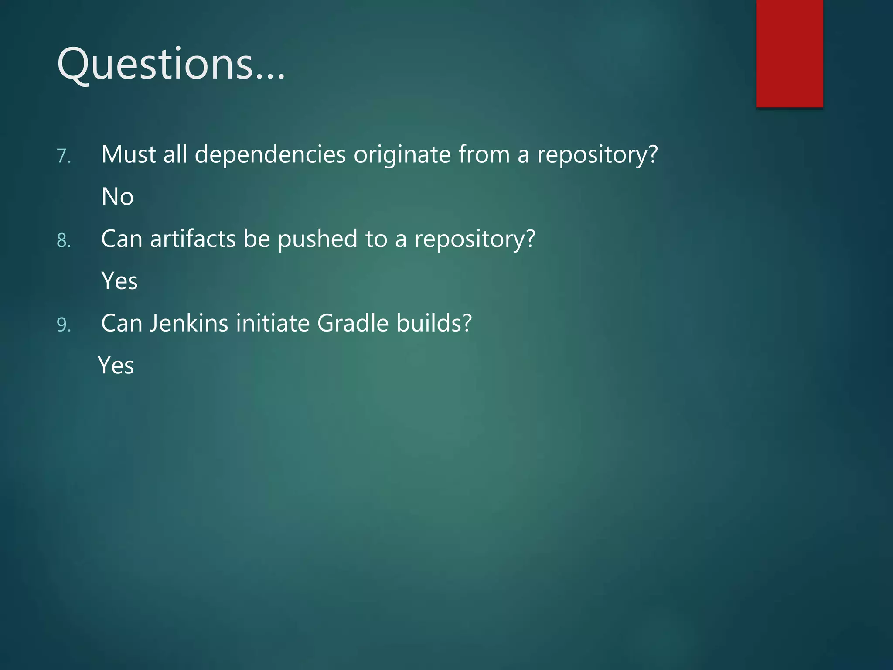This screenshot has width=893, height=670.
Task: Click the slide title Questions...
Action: point(171,65)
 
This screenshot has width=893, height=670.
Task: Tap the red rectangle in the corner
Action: point(789,53)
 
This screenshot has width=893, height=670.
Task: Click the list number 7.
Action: point(64,156)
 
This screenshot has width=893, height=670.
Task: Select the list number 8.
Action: point(64,241)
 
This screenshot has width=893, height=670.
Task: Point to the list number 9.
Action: point(64,325)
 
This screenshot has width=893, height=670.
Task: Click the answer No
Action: point(117,197)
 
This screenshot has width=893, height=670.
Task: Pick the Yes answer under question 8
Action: point(119,281)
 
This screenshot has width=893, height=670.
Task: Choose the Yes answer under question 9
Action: point(116,366)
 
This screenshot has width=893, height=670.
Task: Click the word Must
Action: point(129,154)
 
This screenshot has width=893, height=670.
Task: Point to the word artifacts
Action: point(193,239)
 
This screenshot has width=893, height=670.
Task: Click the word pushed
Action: point(317,239)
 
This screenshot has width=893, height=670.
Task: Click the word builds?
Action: point(434,323)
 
